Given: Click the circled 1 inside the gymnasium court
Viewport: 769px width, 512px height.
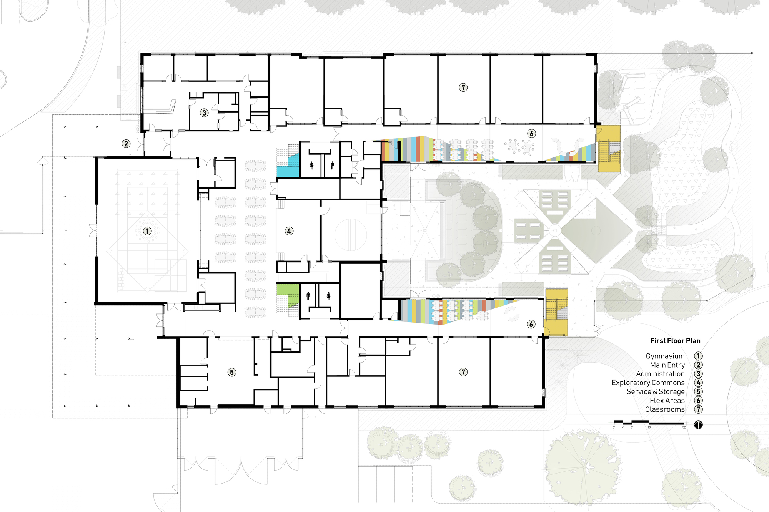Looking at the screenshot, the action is tap(147, 231).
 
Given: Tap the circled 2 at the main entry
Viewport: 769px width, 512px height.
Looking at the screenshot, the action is tap(126, 144).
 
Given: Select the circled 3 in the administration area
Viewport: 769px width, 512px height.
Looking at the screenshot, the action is tap(204, 113).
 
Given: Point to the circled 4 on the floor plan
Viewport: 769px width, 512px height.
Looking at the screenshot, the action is tap(289, 231).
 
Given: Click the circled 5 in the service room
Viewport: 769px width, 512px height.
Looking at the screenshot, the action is tap(231, 372).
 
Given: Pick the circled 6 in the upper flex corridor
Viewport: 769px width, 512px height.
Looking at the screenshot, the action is tap(531, 133).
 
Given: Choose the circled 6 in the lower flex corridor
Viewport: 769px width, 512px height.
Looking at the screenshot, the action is tap(531, 324).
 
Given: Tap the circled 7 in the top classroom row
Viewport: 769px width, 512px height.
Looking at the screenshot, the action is tap(463, 88).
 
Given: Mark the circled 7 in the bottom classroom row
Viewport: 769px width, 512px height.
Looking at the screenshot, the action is tap(463, 372).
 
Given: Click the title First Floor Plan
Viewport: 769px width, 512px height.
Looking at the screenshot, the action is tap(675, 341).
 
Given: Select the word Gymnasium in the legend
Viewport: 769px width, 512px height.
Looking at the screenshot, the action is tap(665, 356).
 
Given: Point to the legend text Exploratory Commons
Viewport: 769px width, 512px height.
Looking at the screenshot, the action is tap(648, 383).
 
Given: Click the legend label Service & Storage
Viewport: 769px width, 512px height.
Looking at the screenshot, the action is tap(656, 391).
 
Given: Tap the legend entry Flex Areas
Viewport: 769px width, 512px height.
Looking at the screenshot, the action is tap(667, 400).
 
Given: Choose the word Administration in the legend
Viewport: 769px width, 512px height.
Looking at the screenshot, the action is tap(660, 374).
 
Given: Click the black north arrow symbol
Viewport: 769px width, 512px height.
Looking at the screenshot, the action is tap(699, 424).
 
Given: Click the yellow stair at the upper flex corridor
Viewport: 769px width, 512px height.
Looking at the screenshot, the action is tap(608, 149).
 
